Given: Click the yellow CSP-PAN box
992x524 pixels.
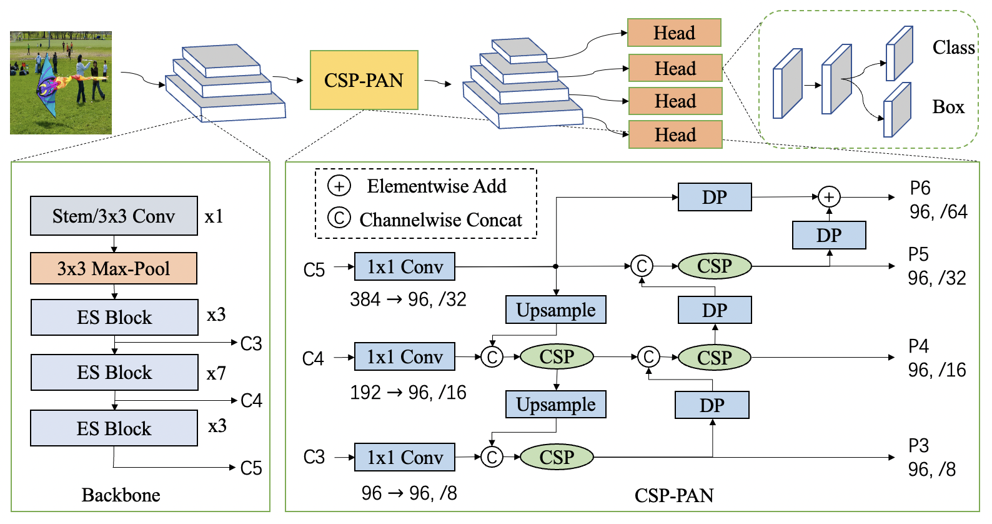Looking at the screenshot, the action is click(364, 80).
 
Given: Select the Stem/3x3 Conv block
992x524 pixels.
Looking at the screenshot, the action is click(114, 216).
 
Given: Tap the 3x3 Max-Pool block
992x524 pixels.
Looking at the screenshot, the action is click(114, 268).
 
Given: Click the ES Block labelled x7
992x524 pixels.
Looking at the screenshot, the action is click(114, 373).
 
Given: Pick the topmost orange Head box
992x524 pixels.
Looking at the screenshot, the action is click(674, 33).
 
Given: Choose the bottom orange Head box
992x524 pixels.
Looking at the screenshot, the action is click(675, 134).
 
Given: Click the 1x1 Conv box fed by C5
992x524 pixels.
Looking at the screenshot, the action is click(405, 266).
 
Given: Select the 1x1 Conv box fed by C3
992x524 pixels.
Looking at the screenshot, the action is click(405, 457).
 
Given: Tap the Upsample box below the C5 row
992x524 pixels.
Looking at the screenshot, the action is click(556, 310).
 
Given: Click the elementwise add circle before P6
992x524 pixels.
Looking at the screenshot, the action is click(829, 197).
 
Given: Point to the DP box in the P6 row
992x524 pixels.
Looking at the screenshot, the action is click(715, 197).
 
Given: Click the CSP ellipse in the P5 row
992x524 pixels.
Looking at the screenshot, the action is click(715, 266).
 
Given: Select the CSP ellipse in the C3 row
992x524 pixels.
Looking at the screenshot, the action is click(557, 457).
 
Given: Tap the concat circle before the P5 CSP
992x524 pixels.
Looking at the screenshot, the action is click(642, 266).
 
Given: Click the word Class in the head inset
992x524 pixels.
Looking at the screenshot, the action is click(953, 47).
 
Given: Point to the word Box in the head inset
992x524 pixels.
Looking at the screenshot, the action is click(948, 107).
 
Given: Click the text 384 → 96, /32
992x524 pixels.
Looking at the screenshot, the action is click(408, 300).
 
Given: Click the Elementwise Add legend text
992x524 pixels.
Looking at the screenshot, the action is click(437, 186).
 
